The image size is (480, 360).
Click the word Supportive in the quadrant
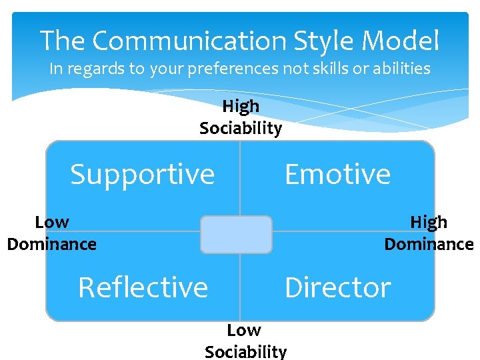143,175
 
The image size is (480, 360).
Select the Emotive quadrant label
337,174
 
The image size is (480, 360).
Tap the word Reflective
143,288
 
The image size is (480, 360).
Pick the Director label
337,288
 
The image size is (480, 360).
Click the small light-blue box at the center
236,235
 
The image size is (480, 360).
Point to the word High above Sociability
241,106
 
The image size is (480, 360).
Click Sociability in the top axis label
241,128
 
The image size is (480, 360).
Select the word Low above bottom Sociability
244,330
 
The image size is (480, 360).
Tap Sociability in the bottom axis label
245,351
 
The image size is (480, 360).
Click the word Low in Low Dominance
52,222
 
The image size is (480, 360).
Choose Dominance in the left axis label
52,244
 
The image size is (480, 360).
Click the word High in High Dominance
429,222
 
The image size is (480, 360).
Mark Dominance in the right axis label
429,244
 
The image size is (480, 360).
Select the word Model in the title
400,41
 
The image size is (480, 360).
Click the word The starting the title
63,41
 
